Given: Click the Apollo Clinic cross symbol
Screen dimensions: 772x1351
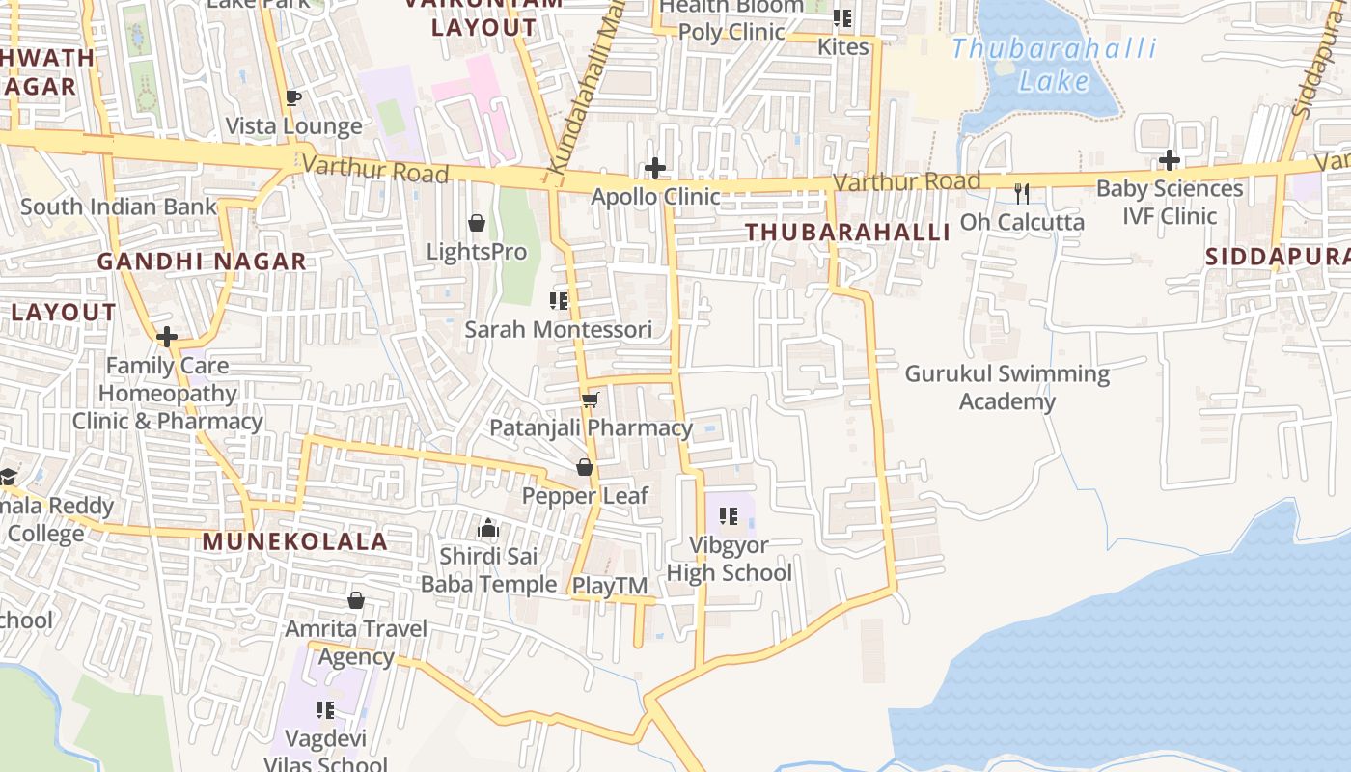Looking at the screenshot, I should pyautogui.click(x=655, y=169).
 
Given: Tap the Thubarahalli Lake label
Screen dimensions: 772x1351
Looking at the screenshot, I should pyautogui.click(x=1054, y=65).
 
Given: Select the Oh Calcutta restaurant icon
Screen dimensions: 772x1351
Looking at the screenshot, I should pyautogui.click(x=1022, y=194).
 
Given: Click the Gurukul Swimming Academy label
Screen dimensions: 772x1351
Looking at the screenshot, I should pyautogui.click(x=1006, y=387).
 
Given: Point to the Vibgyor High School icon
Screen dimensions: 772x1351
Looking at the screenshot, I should pyautogui.click(x=729, y=517).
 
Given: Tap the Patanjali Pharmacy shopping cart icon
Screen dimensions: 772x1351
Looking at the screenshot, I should pyautogui.click(x=591, y=400).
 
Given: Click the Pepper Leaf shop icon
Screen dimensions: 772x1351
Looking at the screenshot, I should pyautogui.click(x=585, y=468).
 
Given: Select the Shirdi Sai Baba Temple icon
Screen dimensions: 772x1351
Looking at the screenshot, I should pyautogui.click(x=488, y=528).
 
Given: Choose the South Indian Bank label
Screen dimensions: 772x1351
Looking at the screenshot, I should pyautogui.click(x=119, y=207).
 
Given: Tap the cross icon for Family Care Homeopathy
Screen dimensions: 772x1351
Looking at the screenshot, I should pyautogui.click(x=167, y=337).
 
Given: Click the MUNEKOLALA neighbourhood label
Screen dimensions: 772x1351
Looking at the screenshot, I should pyautogui.click(x=294, y=541).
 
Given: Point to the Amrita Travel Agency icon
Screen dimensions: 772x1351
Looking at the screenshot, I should pyautogui.click(x=356, y=600).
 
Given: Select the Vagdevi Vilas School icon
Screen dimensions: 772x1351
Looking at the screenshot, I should pyautogui.click(x=325, y=710).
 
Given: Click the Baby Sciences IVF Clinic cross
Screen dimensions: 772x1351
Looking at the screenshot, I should pyautogui.click(x=1170, y=160).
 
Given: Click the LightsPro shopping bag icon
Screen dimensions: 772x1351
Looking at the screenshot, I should pyautogui.click(x=477, y=224).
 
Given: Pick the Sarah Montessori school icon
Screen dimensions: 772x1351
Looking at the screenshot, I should pyautogui.click(x=558, y=301).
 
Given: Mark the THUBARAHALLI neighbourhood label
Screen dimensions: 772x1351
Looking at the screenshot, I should pyautogui.click(x=847, y=233).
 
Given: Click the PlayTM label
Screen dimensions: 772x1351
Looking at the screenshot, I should pyautogui.click(x=610, y=585).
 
